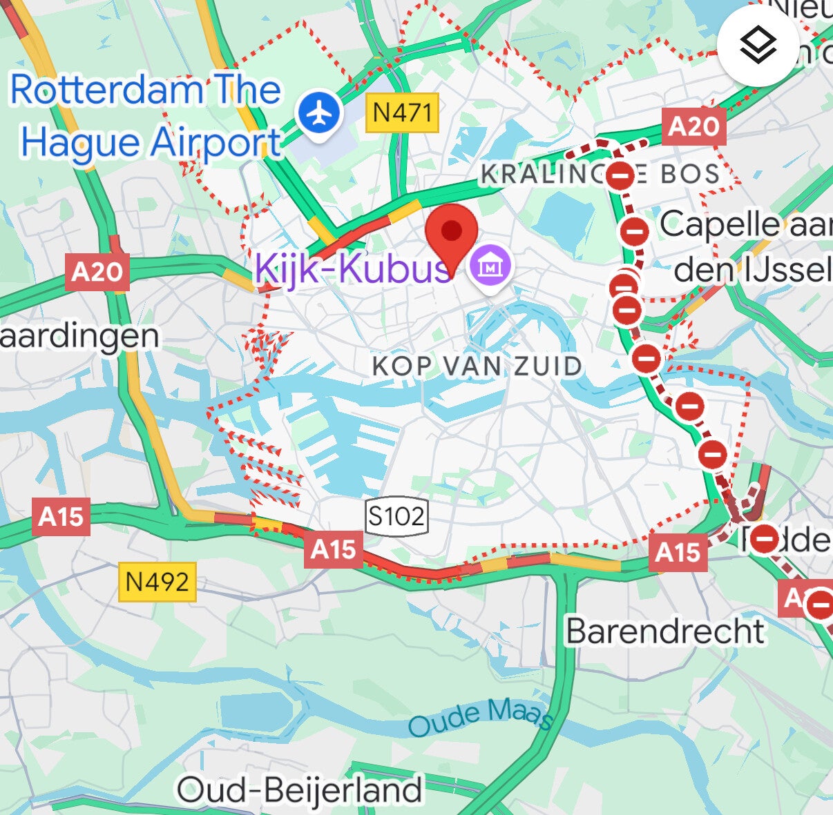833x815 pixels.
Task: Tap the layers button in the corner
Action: pyautogui.click(x=758, y=46)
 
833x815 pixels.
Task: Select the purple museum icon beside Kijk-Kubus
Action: pyautogui.click(x=490, y=266)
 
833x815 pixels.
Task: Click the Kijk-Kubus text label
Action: pyautogui.click(x=352, y=268)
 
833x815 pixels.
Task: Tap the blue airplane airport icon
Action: pyautogui.click(x=319, y=114)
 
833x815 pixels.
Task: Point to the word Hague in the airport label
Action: pyautogui.click(x=82, y=143)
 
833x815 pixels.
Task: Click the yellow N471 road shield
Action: pyautogui.click(x=403, y=112)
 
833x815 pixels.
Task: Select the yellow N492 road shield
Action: pyautogui.click(x=157, y=582)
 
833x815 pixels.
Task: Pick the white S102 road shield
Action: pyautogui.click(x=396, y=515)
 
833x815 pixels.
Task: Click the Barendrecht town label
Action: pyautogui.click(x=665, y=631)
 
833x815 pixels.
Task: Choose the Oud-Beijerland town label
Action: pyautogui.click(x=299, y=789)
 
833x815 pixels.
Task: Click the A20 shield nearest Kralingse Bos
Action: pyautogui.click(x=693, y=126)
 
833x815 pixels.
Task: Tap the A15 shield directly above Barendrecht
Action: pyautogui.click(x=678, y=552)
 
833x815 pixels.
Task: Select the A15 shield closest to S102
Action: pyautogui.click(x=333, y=549)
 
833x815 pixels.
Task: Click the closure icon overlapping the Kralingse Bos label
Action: pyautogui.click(x=620, y=176)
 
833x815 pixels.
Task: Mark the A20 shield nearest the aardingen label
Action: pyautogui.click(x=97, y=272)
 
